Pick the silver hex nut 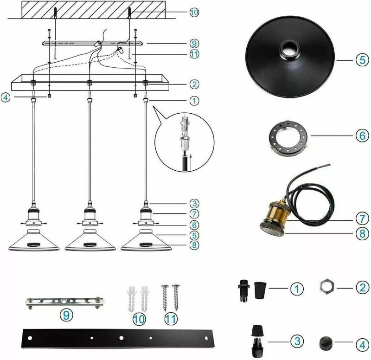pyautogui.click(x=327, y=288)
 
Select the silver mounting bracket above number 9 pyautogui.click(x=64, y=302)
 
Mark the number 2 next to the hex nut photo pyautogui.click(x=362, y=287)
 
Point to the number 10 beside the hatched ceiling pyautogui.click(x=194, y=12)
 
